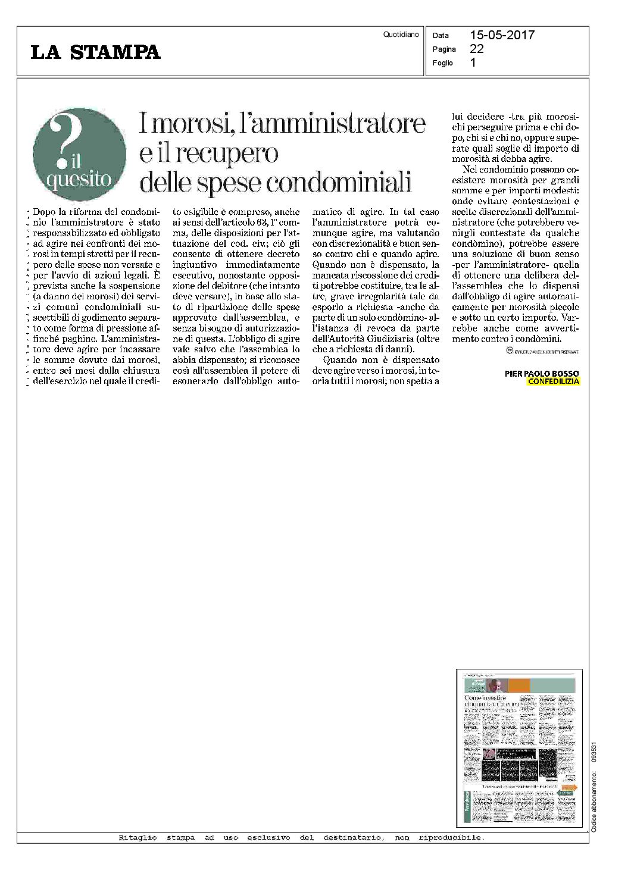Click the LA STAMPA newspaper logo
tap(95, 52)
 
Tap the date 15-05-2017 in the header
tap(502, 35)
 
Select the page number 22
tap(477, 49)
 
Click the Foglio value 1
tap(473, 62)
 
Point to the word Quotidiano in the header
tap(401, 35)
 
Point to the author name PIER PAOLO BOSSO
tap(541, 374)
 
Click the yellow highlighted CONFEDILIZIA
tap(553, 381)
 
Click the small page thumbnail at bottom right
tap(519, 747)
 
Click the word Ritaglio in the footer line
tap(138, 838)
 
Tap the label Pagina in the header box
tap(444, 49)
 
